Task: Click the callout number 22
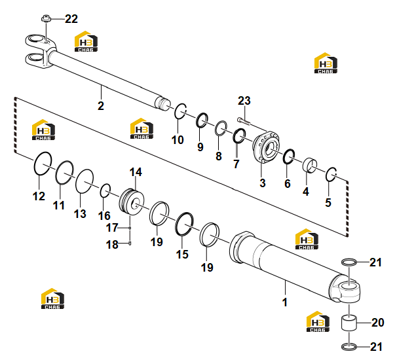tap(71, 19)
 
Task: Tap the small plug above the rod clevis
tap(45, 18)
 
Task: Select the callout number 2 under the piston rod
tap(101, 106)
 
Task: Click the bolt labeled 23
tap(244, 121)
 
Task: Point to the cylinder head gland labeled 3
tap(266, 147)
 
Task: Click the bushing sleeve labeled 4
tap(310, 166)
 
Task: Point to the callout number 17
tap(112, 228)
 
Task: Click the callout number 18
tap(112, 244)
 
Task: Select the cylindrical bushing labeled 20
tap(349, 323)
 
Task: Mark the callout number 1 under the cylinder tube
tap(285, 302)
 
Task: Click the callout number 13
tap(80, 214)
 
